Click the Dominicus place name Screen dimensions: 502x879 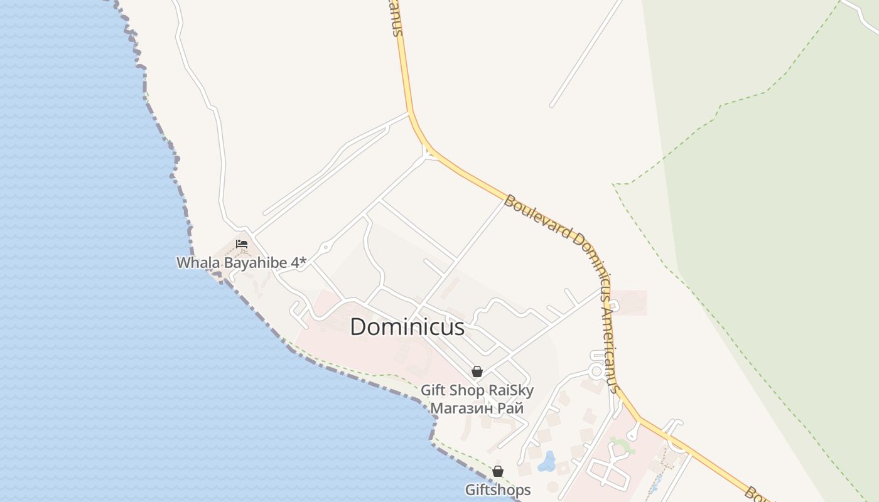(x=407, y=327)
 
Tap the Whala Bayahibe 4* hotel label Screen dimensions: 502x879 (x=241, y=262)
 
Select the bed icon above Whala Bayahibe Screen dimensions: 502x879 (x=242, y=244)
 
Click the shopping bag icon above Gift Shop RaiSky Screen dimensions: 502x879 (x=477, y=371)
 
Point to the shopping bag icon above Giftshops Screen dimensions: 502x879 (x=498, y=471)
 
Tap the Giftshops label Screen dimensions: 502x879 (x=498, y=489)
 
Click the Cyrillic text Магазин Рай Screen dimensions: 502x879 (x=477, y=408)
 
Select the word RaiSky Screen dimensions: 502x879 (x=511, y=390)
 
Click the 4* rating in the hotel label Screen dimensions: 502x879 (x=298, y=262)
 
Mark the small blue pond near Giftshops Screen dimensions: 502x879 (x=547, y=462)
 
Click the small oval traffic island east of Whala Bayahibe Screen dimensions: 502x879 (x=325, y=248)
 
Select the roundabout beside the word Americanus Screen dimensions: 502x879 (x=596, y=371)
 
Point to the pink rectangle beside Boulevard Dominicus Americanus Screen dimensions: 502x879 (x=630, y=302)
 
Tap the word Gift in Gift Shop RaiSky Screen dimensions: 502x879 (x=432, y=390)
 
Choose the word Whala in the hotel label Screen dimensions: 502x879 (x=192, y=262)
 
